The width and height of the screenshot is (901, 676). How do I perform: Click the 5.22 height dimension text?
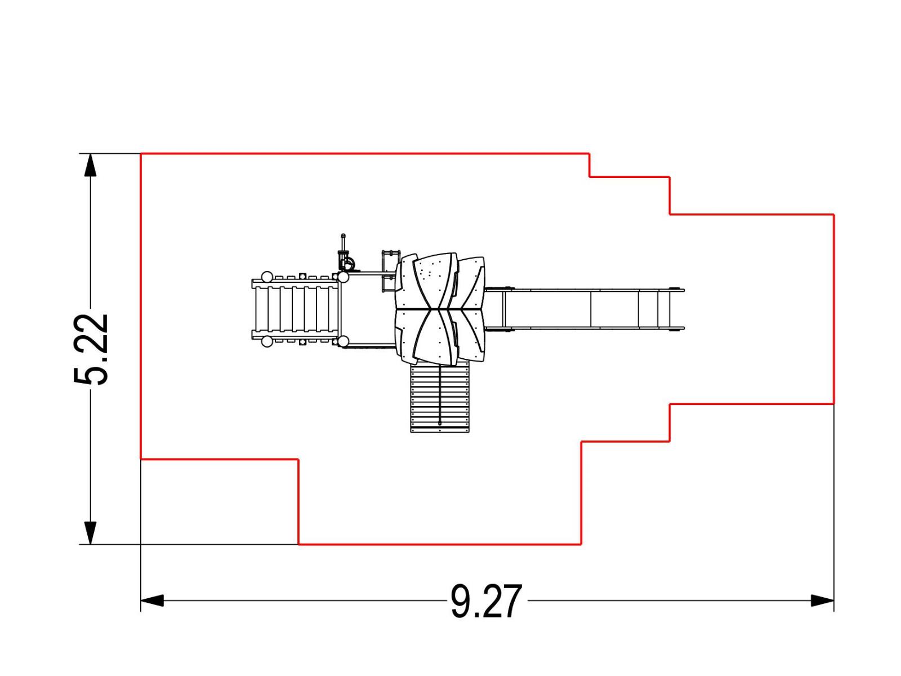coord(91,349)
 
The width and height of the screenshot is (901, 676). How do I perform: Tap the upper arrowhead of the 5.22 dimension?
coord(90,165)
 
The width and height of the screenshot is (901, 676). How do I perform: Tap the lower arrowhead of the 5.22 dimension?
coord(90,533)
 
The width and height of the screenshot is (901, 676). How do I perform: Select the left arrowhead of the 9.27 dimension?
coord(152,601)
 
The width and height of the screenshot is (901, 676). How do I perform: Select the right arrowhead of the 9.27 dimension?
coord(822,601)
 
